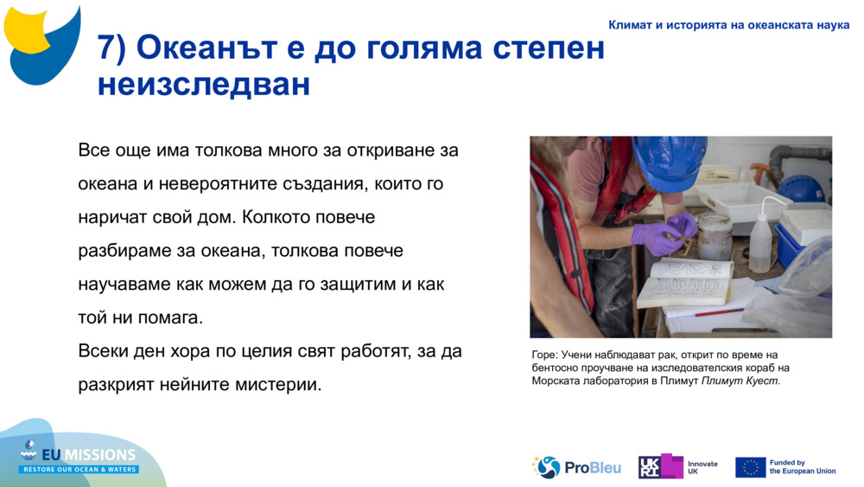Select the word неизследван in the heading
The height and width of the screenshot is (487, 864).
click(204, 85)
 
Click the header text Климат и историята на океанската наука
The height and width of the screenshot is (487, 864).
click(728, 25)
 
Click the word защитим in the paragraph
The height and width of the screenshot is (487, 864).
click(353, 284)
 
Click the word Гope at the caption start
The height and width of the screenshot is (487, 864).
click(544, 355)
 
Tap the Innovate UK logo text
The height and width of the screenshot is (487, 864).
click(702, 467)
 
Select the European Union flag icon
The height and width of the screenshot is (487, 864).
click(750, 467)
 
